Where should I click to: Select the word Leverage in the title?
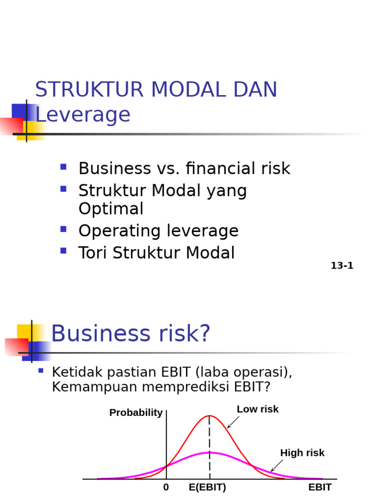(83, 115)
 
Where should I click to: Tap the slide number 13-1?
(342, 265)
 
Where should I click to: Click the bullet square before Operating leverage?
(63, 230)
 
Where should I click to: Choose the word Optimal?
(111, 209)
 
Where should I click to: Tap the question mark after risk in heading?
(204, 334)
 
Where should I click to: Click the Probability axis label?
(136, 413)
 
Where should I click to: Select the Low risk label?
(257, 409)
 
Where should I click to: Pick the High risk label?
(302, 453)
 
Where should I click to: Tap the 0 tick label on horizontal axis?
(166, 487)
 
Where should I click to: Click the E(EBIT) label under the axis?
(207, 487)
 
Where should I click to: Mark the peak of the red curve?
(209, 415)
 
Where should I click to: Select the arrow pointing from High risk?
(276, 465)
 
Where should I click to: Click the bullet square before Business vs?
(63, 167)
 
